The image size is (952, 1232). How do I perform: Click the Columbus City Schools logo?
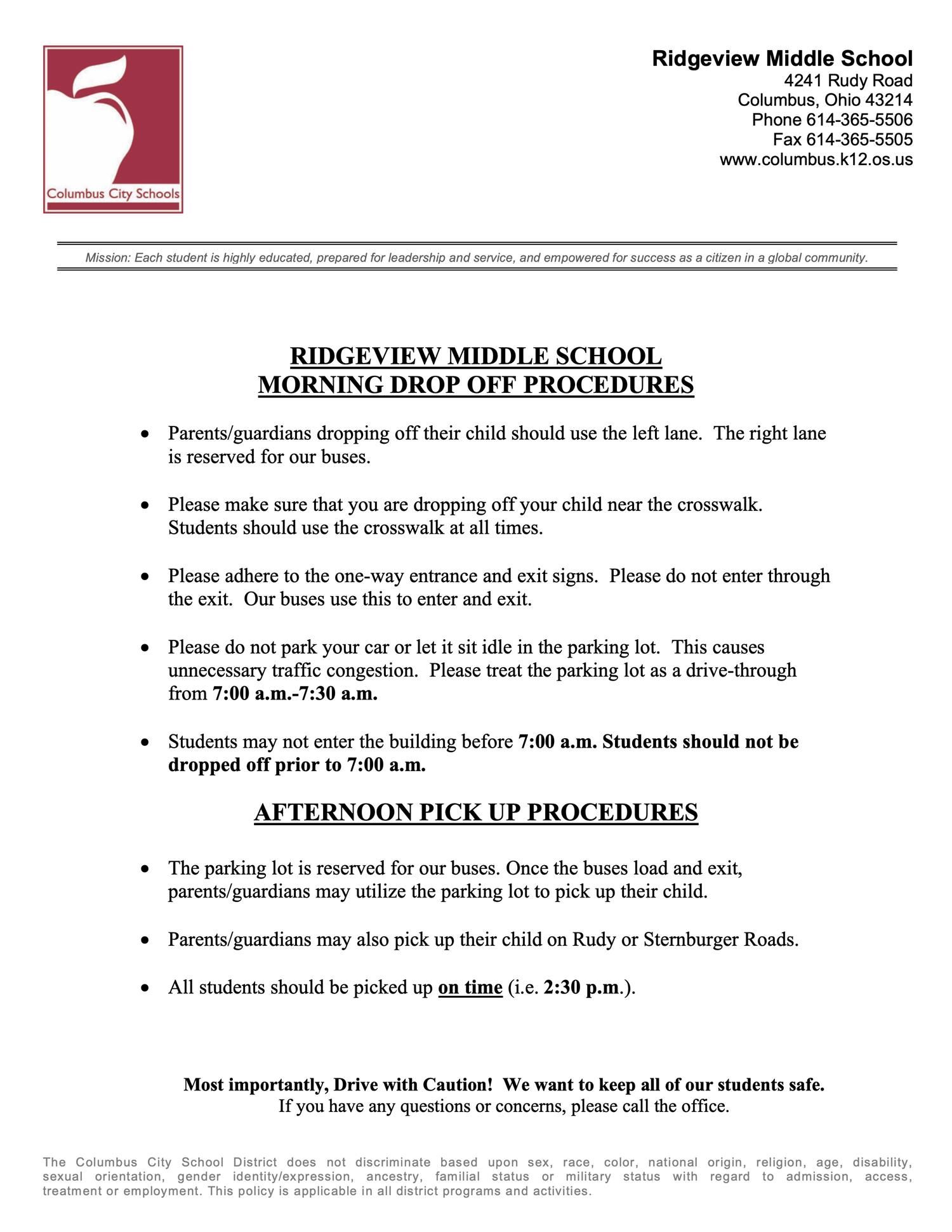tap(113, 129)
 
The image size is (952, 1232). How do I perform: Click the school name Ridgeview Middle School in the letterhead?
tap(782, 58)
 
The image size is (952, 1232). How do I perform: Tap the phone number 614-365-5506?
tap(859, 119)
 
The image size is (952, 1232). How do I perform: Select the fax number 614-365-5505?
tap(859, 139)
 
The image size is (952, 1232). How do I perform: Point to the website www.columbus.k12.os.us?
tap(816, 159)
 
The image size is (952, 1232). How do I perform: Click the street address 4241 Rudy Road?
tap(848, 81)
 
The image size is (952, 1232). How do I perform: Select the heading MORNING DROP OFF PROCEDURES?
tap(475, 385)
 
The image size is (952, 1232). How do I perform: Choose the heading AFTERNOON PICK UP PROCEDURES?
tap(475, 812)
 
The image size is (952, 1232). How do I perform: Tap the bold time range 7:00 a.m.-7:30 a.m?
tap(295, 693)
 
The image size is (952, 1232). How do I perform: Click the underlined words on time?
tap(470, 987)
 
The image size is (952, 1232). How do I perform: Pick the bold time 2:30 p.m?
tap(581, 987)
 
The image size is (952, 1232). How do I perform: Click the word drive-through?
tap(741, 670)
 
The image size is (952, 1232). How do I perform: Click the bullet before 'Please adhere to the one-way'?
tap(146, 576)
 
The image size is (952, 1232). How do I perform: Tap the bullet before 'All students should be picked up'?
tap(146, 988)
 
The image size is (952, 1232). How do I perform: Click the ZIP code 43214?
tap(889, 100)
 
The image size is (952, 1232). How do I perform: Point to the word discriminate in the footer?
tap(393, 1162)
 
